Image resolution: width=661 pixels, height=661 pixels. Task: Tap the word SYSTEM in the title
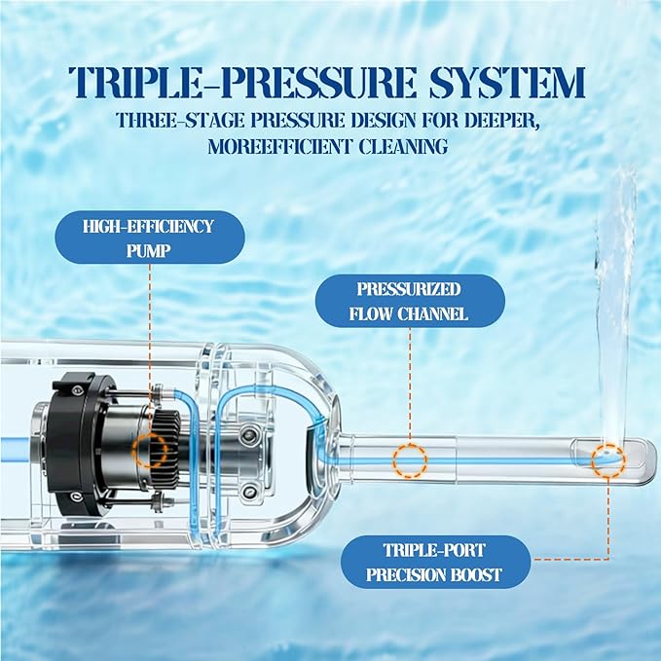[x=507, y=82]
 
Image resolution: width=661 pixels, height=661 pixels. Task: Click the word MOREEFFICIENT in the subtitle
[x=279, y=147]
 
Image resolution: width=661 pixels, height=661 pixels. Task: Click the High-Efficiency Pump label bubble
[x=150, y=238]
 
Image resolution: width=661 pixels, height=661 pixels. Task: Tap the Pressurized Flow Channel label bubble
[x=410, y=301]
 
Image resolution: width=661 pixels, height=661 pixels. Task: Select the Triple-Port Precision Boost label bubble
[x=435, y=562]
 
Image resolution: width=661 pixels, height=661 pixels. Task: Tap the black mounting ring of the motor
[x=76, y=445]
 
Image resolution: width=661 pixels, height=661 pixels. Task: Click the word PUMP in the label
[x=149, y=251]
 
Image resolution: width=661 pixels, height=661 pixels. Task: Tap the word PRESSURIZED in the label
[x=409, y=289]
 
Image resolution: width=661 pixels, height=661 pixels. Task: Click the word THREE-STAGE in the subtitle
[x=179, y=121]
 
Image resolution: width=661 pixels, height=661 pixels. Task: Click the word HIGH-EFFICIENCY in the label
[x=148, y=227]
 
